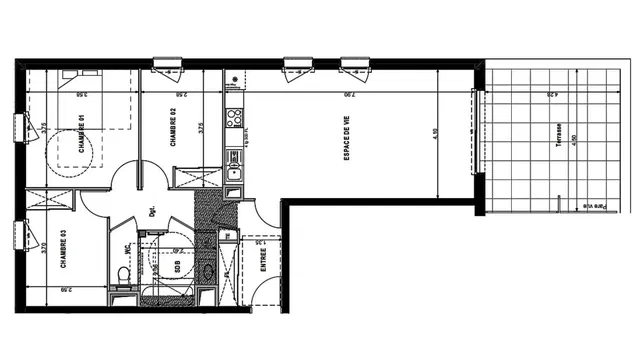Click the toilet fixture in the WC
(125, 274)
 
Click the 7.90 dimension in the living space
(346, 97)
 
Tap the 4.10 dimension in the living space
(437, 133)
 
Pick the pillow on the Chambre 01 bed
(70, 75)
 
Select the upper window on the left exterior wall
(19, 129)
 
